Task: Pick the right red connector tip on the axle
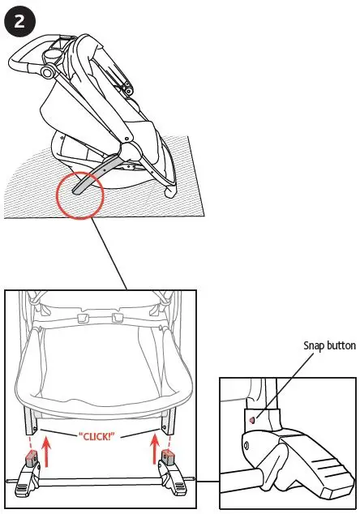point(168,455)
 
